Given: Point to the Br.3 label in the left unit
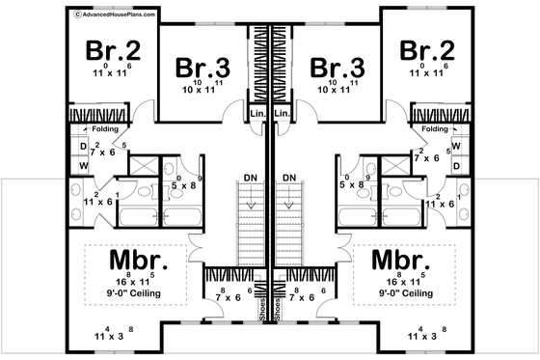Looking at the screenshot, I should pos(203,68).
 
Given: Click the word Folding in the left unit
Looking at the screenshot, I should pos(108,128).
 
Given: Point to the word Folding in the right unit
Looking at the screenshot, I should pos(436,128).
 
